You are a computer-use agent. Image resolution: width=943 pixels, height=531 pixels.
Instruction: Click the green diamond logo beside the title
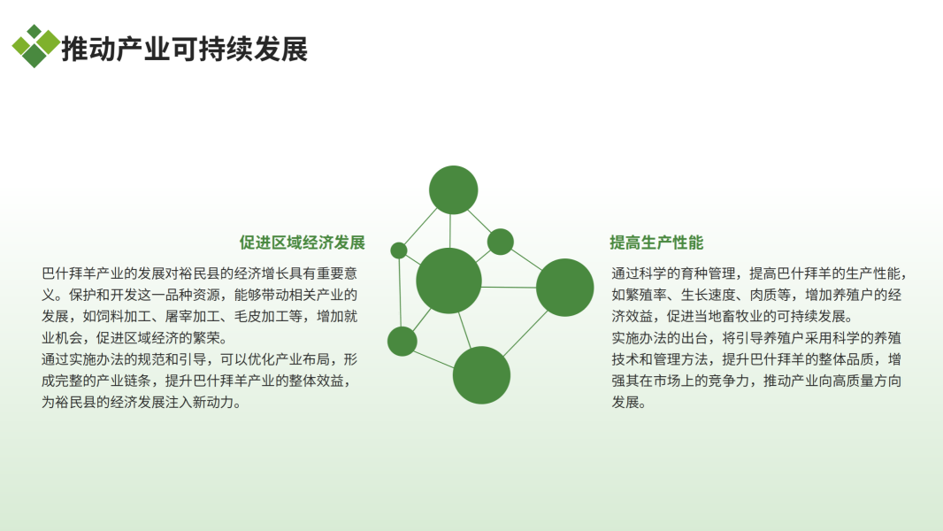tap(35, 46)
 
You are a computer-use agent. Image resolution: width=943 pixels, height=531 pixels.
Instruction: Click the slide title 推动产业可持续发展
tap(185, 49)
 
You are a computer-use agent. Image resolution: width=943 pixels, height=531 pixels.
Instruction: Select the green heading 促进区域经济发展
tap(303, 242)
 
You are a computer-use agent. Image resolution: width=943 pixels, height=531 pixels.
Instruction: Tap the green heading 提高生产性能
tap(656, 242)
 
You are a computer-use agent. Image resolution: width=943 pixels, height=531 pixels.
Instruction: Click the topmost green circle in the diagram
tap(454, 190)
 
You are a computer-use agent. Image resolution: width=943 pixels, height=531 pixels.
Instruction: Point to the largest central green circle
tap(448, 281)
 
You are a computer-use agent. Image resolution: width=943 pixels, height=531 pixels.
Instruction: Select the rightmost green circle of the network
tap(564, 288)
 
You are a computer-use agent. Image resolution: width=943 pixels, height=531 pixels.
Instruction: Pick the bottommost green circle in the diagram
tap(482, 375)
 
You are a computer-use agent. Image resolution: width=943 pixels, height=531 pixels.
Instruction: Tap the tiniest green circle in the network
tap(399, 250)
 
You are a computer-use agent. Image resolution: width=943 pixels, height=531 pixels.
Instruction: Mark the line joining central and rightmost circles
tap(509, 287)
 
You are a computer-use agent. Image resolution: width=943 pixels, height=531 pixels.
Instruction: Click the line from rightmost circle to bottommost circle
tap(525, 333)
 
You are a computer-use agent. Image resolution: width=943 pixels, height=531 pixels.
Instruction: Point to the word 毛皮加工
tap(262, 316)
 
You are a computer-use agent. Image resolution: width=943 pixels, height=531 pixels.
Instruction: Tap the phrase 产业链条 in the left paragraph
tap(124, 381)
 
